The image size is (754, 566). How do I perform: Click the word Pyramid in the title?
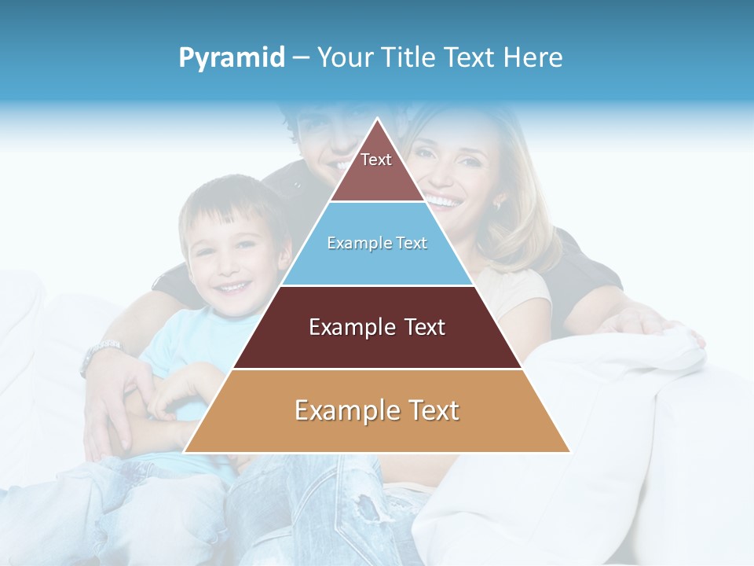click(231, 57)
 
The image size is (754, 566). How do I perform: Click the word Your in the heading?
click(342, 57)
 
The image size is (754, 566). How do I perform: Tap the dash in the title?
click(301, 57)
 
